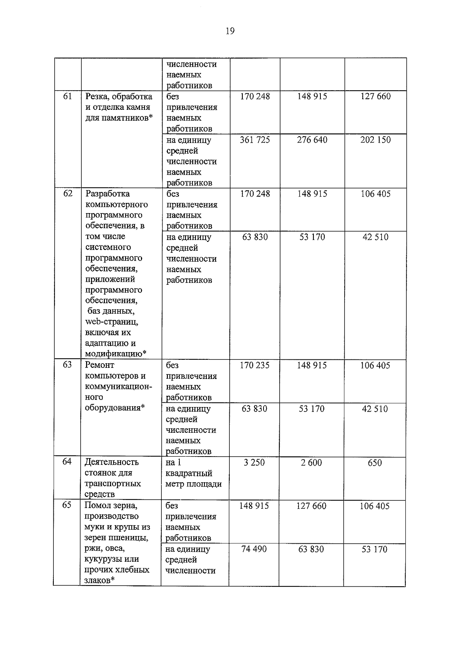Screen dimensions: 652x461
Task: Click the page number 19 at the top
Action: coord(230,31)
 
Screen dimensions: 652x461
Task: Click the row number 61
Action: coord(67,96)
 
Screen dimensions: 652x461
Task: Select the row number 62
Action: coord(68,194)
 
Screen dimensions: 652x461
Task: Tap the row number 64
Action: coord(67,462)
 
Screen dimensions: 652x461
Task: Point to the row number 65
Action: coord(67,505)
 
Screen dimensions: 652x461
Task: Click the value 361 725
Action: coord(255,140)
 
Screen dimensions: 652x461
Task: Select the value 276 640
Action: coord(312,140)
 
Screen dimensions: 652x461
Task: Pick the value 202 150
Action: coord(375,140)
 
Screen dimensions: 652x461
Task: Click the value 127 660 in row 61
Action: coord(375,96)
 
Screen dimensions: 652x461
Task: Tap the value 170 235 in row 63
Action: coord(254,365)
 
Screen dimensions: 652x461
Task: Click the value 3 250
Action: coord(254,462)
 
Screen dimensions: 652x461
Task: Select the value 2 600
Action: coord(311,462)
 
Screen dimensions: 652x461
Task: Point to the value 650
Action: coord(375,462)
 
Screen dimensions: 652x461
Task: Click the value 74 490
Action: coord(254,549)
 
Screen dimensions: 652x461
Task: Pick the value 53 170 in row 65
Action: coord(374,549)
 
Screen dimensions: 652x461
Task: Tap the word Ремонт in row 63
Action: coord(99,365)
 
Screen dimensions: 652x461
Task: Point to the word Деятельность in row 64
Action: coord(111,462)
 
